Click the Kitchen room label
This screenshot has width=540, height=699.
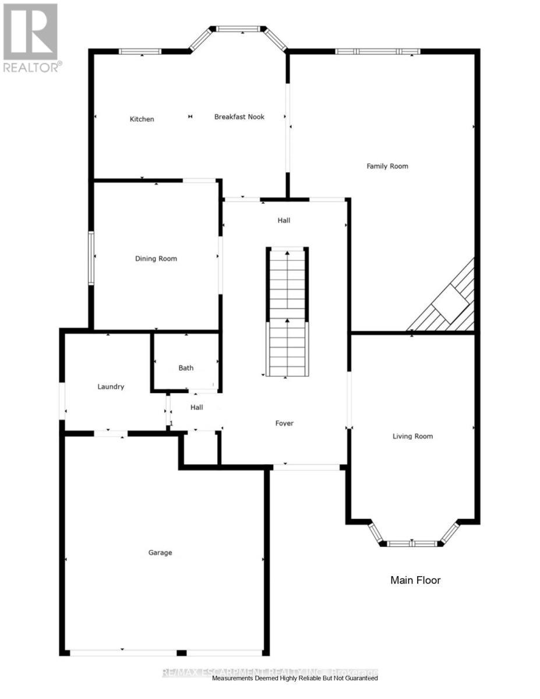click(x=142, y=119)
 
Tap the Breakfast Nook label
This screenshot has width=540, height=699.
click(x=239, y=117)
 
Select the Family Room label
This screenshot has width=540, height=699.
click(x=387, y=167)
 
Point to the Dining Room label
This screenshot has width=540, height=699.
click(x=156, y=259)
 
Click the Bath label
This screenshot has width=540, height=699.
click(x=186, y=368)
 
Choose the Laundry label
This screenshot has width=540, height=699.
click(x=111, y=387)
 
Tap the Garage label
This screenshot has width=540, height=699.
click(x=160, y=553)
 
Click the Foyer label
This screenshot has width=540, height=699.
click(x=284, y=423)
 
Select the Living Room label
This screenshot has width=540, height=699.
click(x=412, y=436)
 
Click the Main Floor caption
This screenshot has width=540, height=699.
click(x=415, y=580)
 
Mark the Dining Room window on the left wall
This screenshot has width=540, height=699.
click(x=91, y=258)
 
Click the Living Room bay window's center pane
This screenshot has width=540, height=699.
click(x=412, y=544)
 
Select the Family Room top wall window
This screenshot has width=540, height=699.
click(x=377, y=51)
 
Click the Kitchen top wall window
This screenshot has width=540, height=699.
click(x=140, y=51)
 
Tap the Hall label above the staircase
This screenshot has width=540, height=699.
click(x=284, y=221)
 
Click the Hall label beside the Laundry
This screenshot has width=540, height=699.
click(x=196, y=408)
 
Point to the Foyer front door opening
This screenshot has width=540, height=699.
click(x=306, y=467)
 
